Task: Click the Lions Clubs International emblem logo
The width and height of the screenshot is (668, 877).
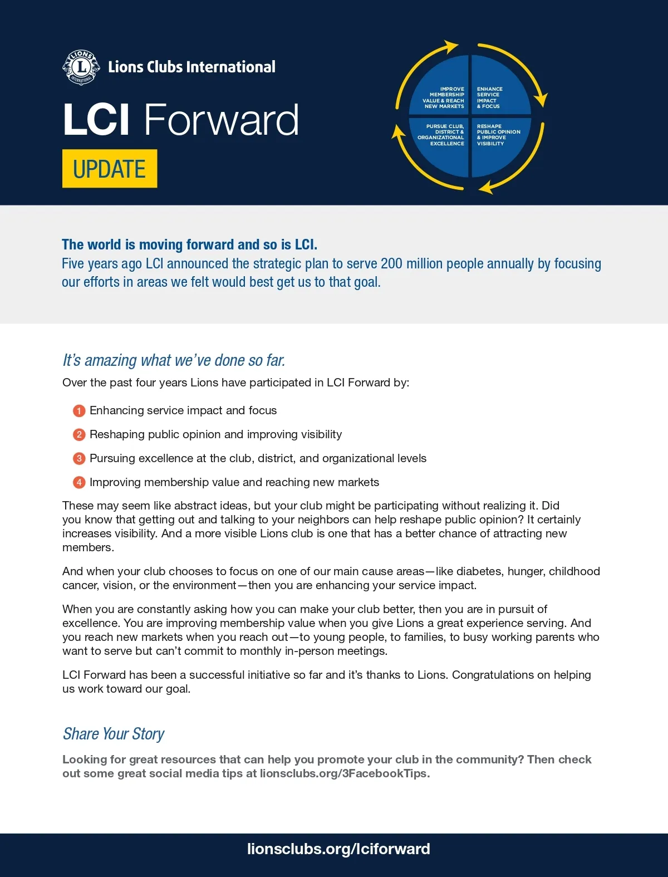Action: coord(81,67)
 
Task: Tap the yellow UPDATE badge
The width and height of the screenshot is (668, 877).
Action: coord(110,169)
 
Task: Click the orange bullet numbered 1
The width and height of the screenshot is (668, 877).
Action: coord(79,411)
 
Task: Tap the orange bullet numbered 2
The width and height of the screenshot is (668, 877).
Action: coord(79,435)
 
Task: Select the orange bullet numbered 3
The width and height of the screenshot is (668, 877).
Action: coord(79,459)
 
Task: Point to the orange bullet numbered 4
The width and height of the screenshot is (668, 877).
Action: coord(79,483)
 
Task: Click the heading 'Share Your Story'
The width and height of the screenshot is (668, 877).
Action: coord(114,734)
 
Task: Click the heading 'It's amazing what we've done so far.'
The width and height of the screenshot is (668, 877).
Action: coord(174,360)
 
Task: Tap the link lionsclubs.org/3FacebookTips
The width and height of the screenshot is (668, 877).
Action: coord(344,773)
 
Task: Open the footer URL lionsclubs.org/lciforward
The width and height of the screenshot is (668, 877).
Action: coord(338,849)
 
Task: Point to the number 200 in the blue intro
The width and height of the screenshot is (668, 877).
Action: coord(391,263)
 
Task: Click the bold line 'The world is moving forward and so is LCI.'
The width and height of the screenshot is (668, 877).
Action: coord(189,244)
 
